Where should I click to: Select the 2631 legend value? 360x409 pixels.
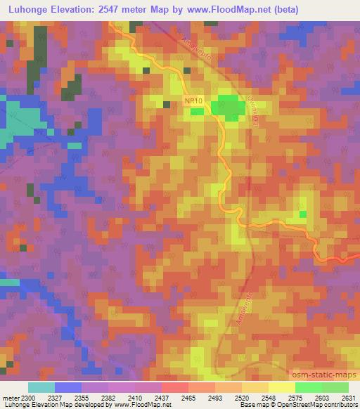[349, 398]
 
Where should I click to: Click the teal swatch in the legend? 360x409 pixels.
[41, 387]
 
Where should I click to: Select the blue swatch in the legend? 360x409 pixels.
[68, 387]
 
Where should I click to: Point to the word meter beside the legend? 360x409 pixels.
[9, 398]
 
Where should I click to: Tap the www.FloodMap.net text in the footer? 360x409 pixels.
[145, 405]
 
